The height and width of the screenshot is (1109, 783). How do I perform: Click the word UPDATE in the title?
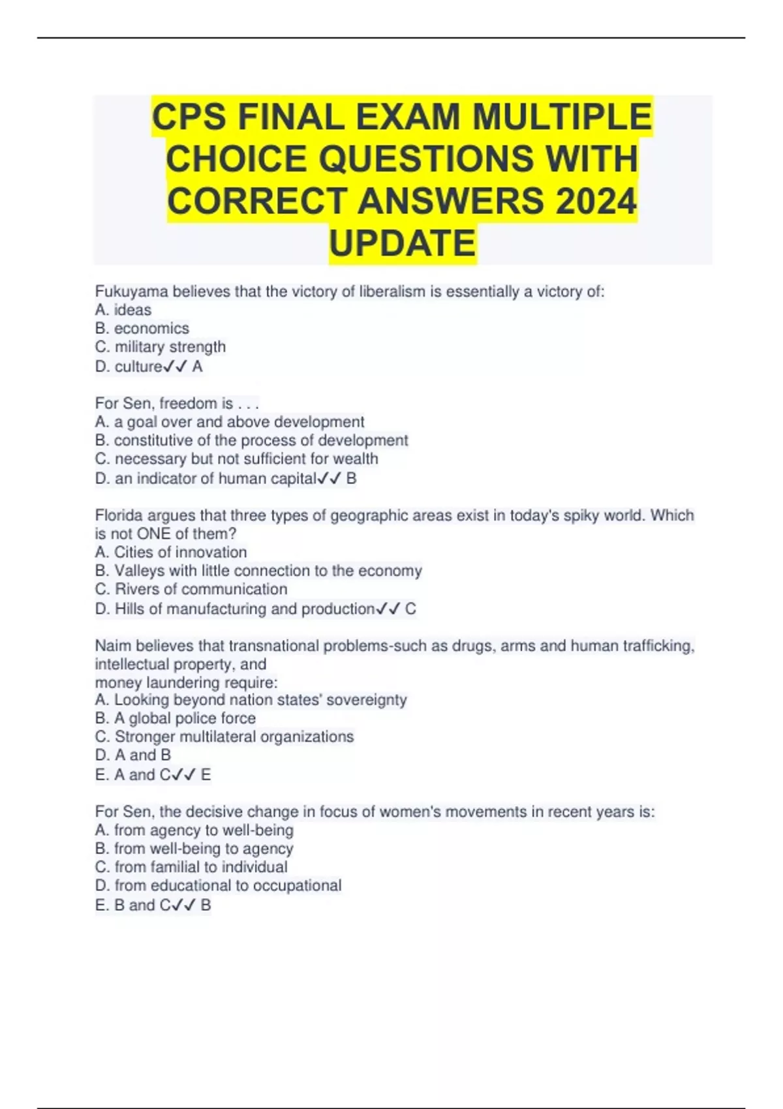403,243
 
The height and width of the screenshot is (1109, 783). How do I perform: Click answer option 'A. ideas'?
123,310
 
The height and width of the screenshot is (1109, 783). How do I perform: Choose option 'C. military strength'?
161,346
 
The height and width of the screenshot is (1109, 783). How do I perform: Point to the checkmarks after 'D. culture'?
176,367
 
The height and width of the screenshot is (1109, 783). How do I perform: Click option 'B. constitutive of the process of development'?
251,440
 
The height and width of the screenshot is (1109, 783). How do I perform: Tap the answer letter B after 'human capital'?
352,479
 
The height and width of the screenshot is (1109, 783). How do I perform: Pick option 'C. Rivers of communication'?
191,589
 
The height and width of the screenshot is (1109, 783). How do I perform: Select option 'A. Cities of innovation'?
171,552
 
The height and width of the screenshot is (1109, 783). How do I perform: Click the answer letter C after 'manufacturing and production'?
410,609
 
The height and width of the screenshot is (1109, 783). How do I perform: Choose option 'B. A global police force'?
176,718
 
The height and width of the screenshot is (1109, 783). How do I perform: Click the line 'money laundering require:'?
186,682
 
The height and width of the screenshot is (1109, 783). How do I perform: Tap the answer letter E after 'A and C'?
206,775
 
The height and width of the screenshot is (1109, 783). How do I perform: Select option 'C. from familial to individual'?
191,867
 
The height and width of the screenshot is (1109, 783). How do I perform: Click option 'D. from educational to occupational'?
219,885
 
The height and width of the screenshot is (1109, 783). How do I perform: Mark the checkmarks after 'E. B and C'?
185,905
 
